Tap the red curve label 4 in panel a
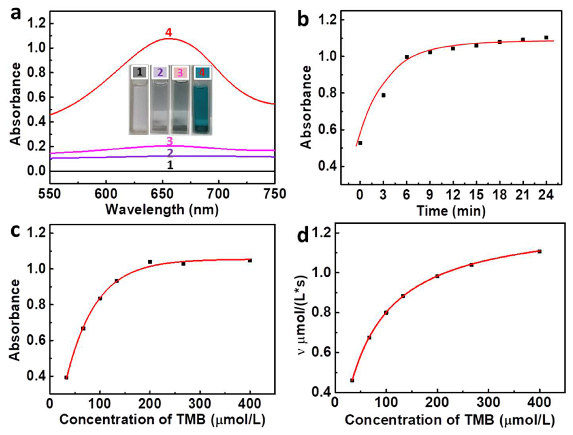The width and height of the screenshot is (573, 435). [169, 33]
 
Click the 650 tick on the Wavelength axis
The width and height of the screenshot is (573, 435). [162, 194]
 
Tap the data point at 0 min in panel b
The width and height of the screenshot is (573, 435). [360, 143]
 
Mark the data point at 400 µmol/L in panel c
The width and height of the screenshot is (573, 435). [250, 260]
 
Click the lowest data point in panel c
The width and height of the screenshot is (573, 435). [66, 377]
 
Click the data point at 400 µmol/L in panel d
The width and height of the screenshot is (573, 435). [540, 251]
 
